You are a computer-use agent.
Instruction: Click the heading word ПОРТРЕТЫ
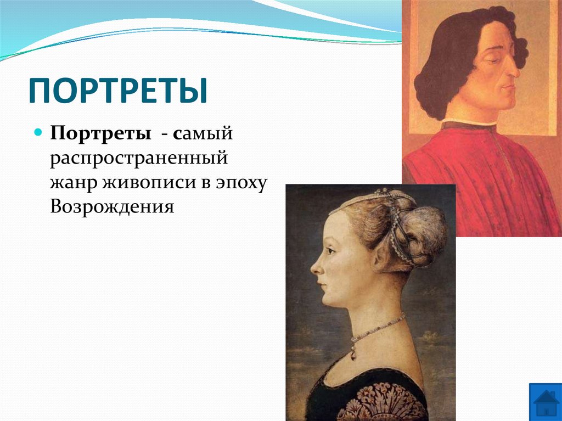coord(118,91)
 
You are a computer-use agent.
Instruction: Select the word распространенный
coord(139,159)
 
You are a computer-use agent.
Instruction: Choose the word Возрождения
coord(112,207)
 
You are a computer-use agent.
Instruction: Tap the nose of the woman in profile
coord(315,267)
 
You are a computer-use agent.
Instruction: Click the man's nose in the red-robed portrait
coord(514,69)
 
